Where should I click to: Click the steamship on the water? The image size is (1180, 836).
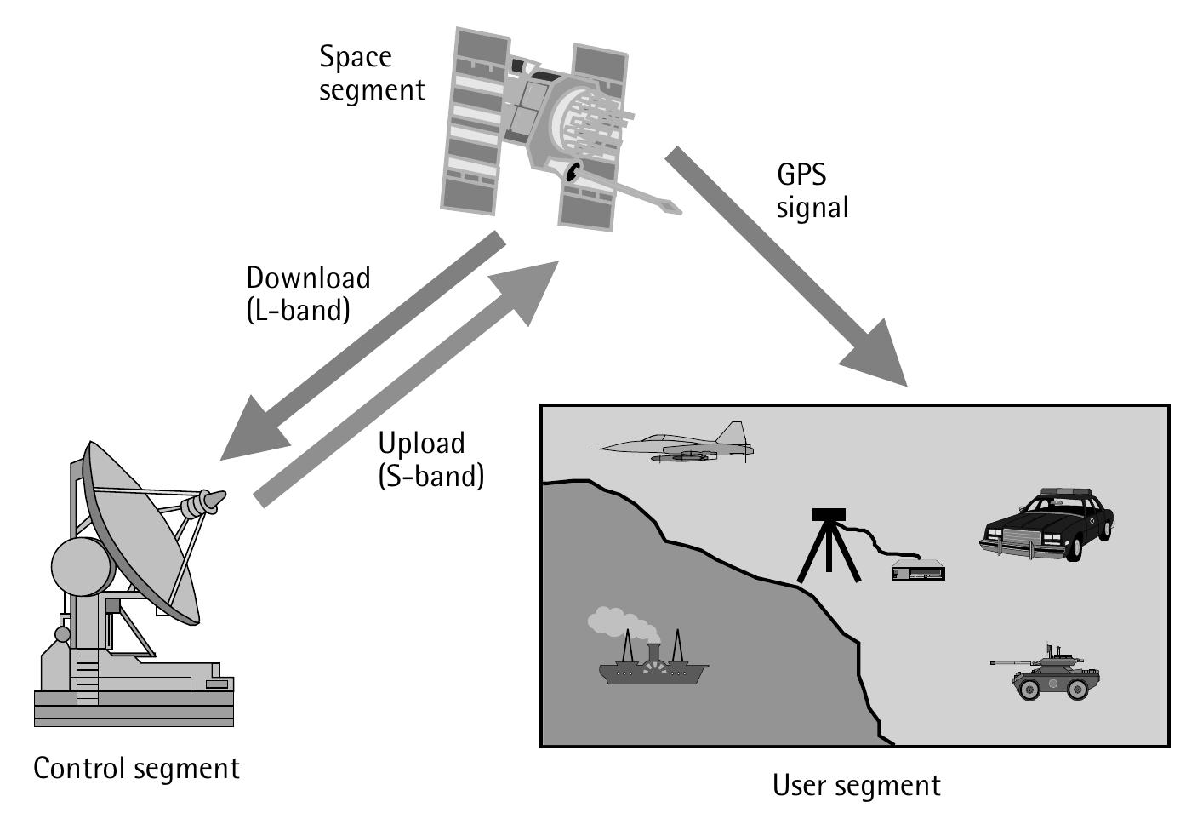pyautogui.click(x=653, y=667)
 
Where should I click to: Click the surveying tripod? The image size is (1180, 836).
pyautogui.click(x=828, y=545)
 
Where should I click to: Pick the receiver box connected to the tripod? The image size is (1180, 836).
pyautogui.click(x=918, y=571)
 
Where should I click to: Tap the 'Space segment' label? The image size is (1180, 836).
pyautogui.click(x=371, y=73)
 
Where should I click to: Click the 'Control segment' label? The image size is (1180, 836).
pyautogui.click(x=136, y=768)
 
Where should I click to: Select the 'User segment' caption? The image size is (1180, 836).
pyautogui.click(x=856, y=785)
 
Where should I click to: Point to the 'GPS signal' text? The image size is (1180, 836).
pyautogui.click(x=812, y=191)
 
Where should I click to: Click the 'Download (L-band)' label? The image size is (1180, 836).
pyautogui.click(x=307, y=294)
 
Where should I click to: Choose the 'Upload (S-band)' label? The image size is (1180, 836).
pyautogui.click(x=430, y=459)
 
